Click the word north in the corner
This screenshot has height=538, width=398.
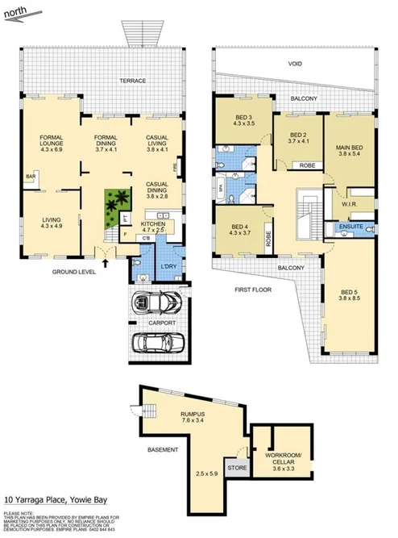(x=19, y=11)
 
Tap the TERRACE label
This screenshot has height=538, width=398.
(x=132, y=81)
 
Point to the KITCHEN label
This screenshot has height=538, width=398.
(x=152, y=223)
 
